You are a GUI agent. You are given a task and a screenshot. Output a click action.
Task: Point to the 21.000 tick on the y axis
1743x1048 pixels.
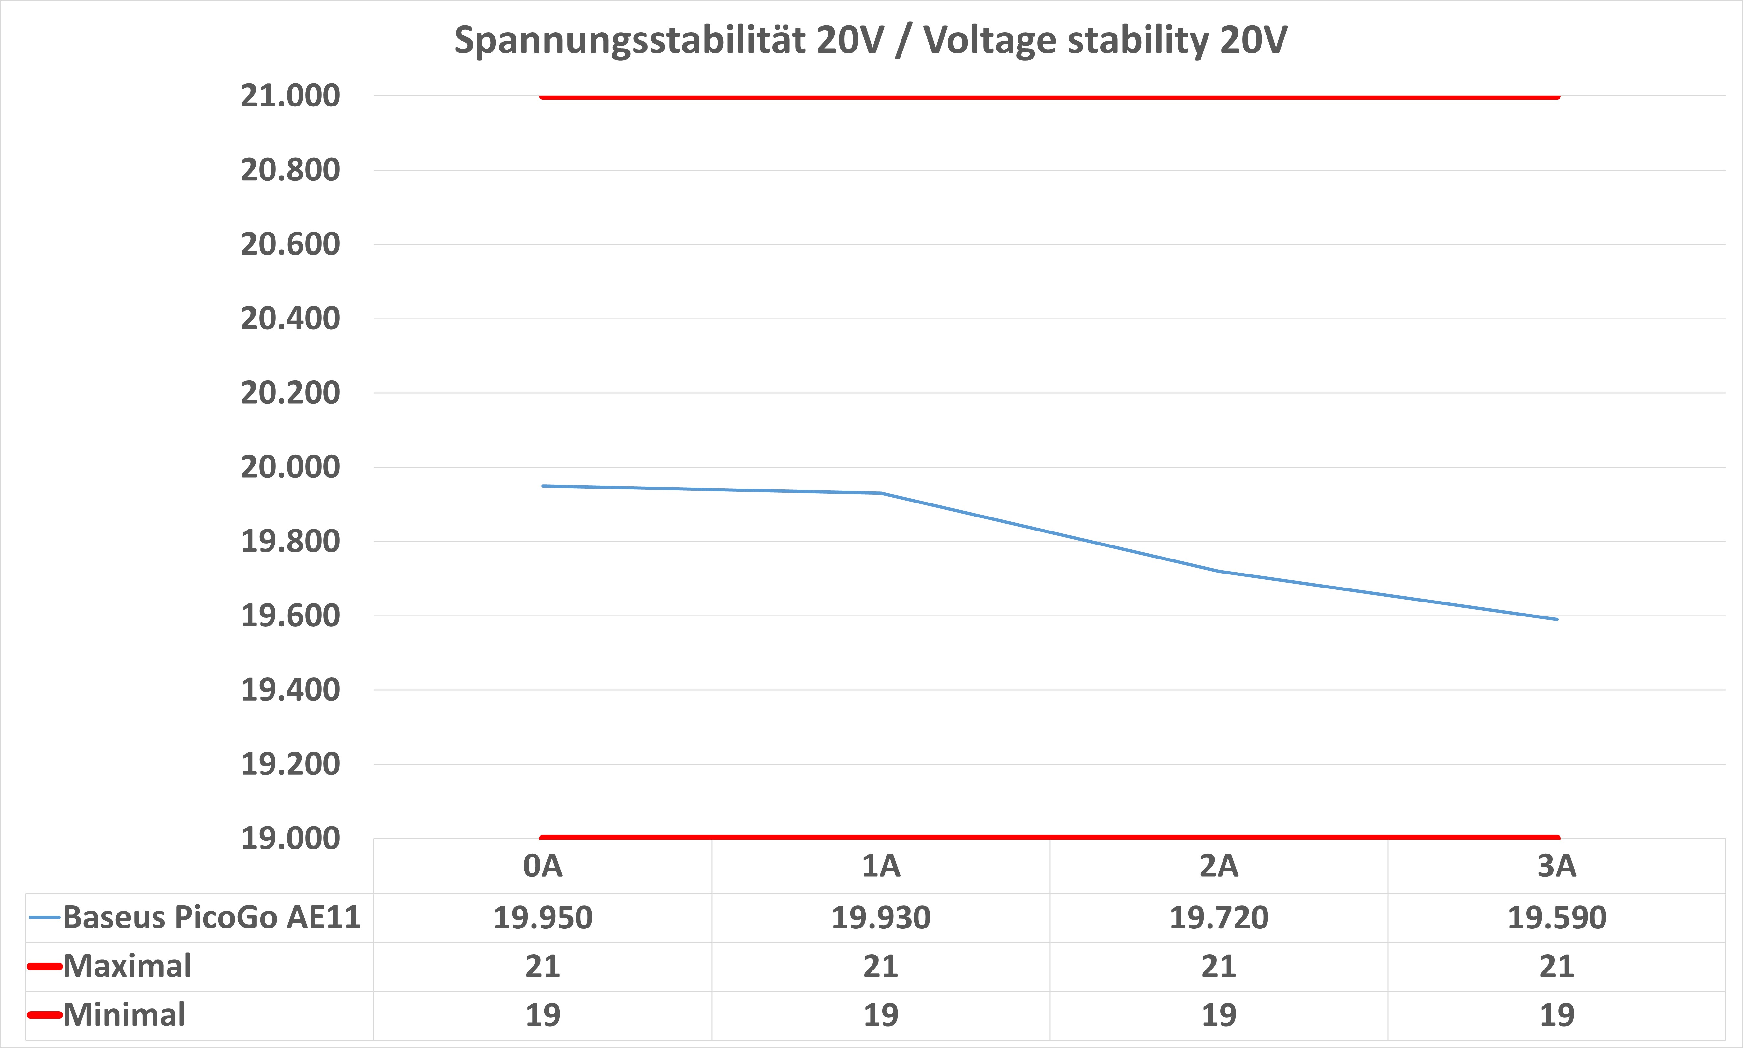pos(290,95)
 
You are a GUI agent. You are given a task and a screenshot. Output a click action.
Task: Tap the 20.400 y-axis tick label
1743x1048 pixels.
pos(290,319)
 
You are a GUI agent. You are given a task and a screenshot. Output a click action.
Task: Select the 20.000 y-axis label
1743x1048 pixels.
pos(290,467)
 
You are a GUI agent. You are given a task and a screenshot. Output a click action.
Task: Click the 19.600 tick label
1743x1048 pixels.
pos(290,616)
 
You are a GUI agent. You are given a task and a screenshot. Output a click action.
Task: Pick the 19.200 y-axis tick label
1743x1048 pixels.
pos(290,764)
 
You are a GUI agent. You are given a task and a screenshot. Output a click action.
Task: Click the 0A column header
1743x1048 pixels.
pos(543,866)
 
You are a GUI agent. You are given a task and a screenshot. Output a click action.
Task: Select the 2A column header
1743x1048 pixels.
pos(1219,866)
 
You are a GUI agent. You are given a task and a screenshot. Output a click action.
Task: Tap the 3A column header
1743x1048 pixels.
pos(1557,866)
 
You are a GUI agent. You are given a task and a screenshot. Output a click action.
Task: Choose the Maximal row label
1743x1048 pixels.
pos(127,966)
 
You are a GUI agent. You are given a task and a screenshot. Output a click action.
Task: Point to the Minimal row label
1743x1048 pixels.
pos(124,1015)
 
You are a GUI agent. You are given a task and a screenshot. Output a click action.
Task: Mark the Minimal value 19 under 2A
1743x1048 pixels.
pos(1219,1015)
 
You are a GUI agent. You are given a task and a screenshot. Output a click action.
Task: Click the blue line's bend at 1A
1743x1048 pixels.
pos(881,493)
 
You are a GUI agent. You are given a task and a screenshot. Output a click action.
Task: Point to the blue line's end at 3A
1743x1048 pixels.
pos(1557,619)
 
